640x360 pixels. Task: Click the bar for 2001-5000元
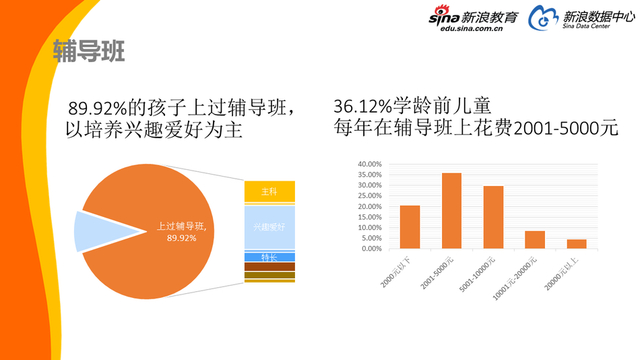452,210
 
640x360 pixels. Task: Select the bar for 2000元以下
410,226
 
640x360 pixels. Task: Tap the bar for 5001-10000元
493,217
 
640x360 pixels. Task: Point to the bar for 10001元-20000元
535,239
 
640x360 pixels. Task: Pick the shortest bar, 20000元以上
577,243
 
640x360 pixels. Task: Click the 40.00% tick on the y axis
368,163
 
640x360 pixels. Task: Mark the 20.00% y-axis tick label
368,205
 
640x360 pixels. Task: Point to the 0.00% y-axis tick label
370,247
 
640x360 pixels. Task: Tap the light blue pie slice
95,229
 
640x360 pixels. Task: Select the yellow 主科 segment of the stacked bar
269,191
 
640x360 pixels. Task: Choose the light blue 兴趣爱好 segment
269,227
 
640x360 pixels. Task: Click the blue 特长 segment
269,257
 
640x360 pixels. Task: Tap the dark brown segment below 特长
269,266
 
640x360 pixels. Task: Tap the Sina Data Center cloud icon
541,19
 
